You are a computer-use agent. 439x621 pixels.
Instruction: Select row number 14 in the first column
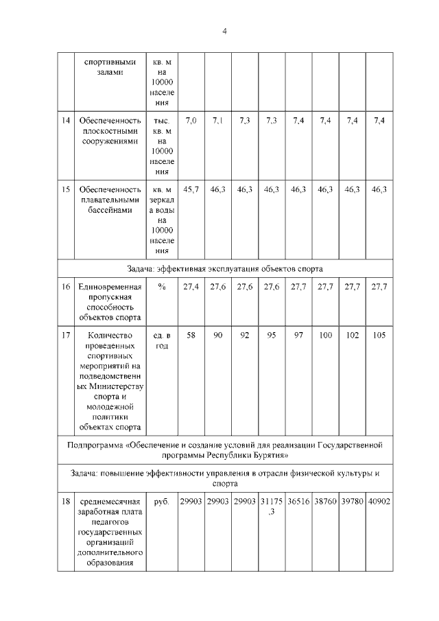pos(66,121)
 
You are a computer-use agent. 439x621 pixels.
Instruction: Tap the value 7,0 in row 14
pos(191,121)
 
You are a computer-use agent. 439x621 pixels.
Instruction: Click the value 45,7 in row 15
pos(191,189)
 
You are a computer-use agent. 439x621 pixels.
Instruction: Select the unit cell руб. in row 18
pos(162,502)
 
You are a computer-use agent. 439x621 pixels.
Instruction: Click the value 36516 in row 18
pos(298,502)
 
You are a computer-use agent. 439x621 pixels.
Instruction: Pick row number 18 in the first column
pos(66,502)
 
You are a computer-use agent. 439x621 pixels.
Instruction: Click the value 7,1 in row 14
pos(218,121)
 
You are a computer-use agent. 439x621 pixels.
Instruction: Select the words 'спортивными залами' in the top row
pos(110,66)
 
